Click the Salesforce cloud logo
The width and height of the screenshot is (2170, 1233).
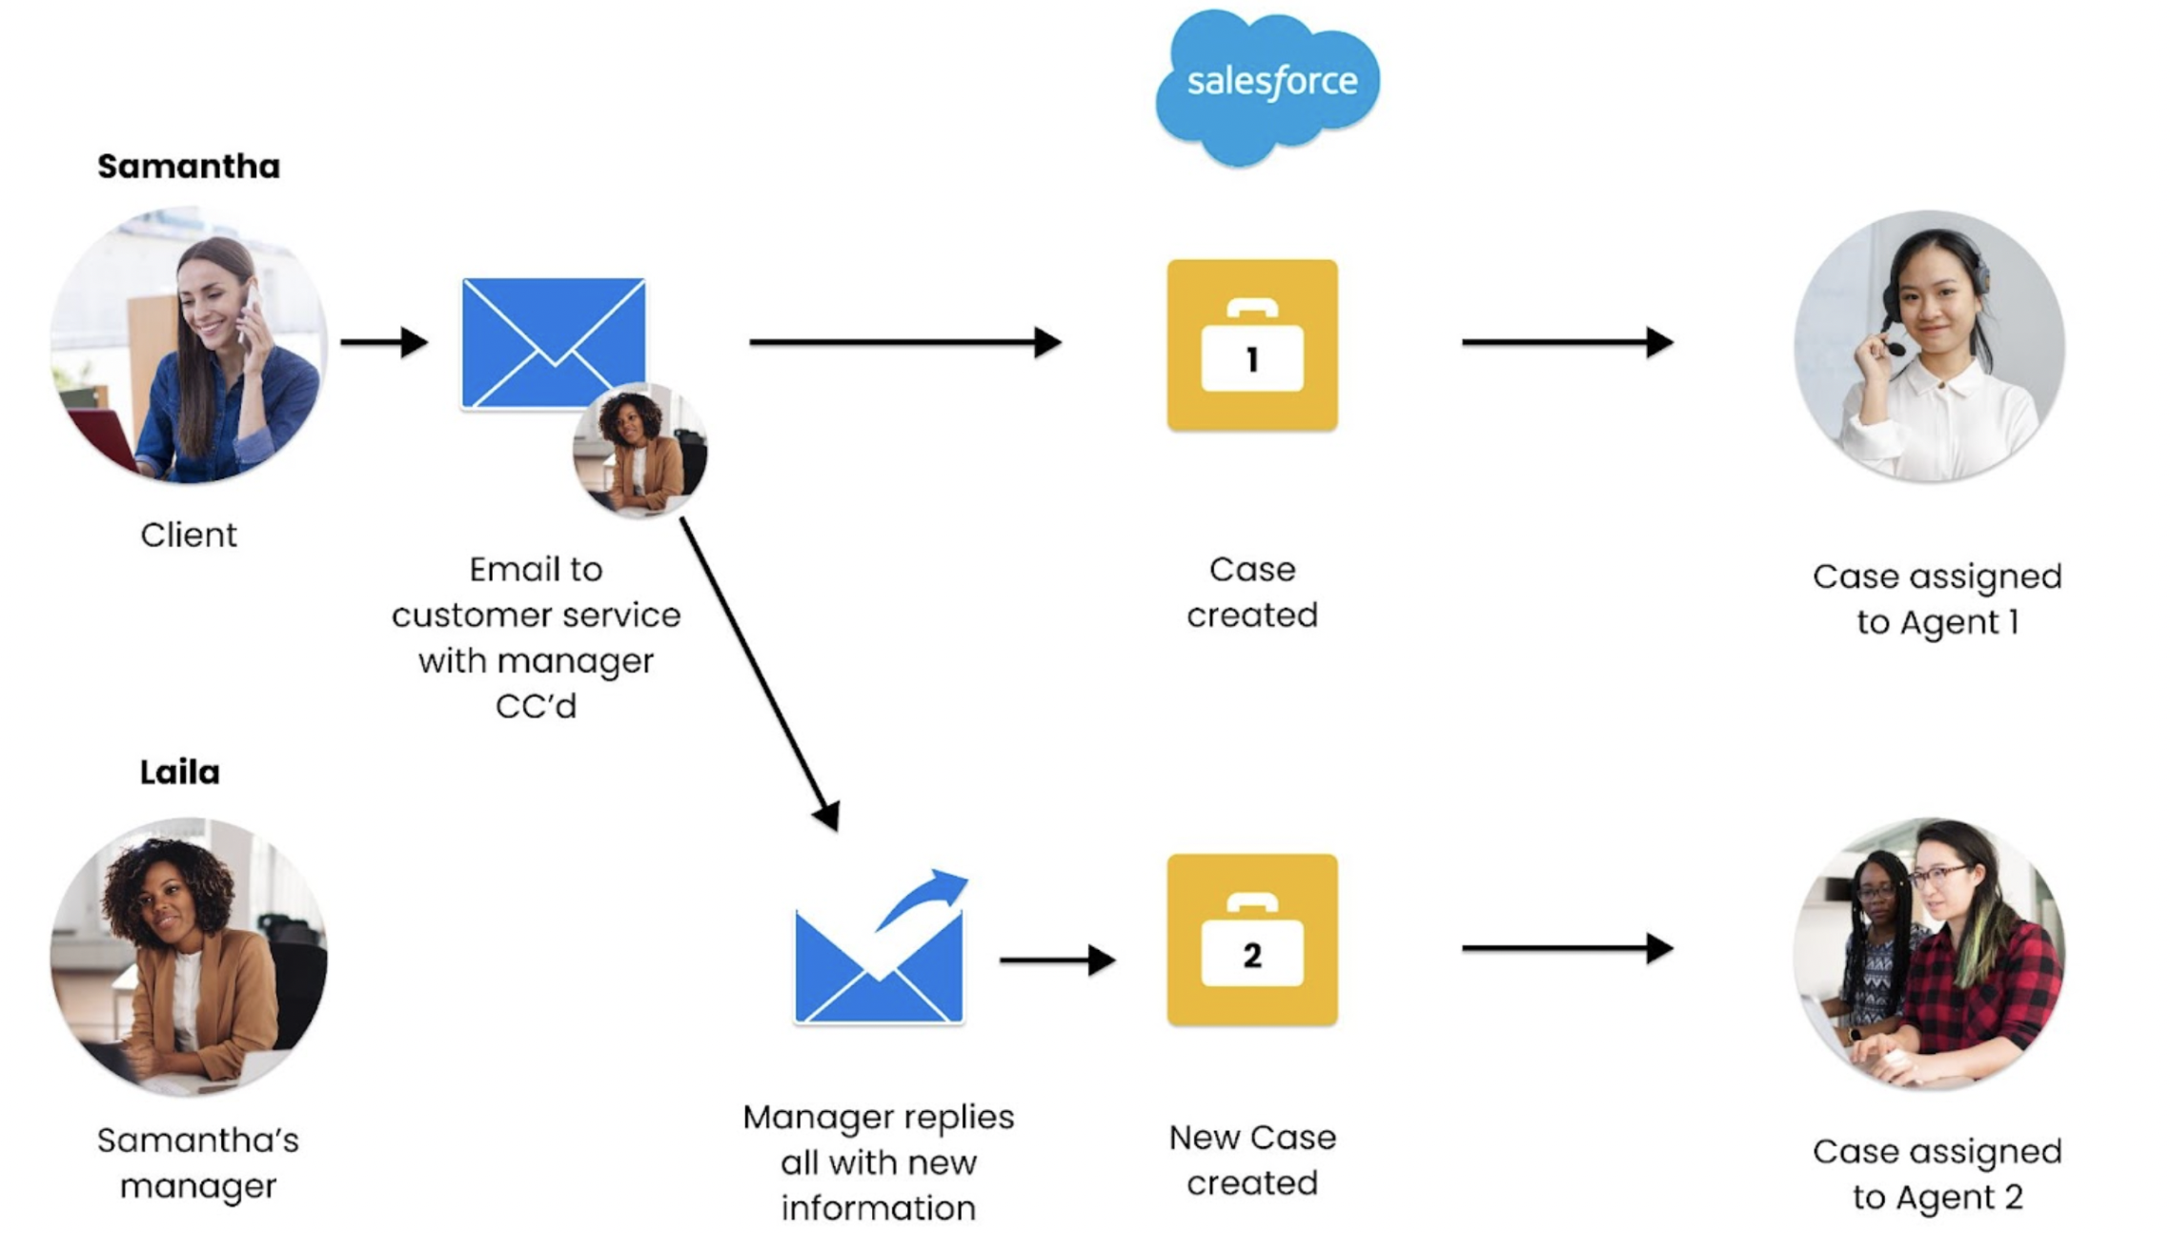coord(1268,87)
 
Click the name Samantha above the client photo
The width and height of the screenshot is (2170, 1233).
coord(189,167)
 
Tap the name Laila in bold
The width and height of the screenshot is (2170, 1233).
coord(180,772)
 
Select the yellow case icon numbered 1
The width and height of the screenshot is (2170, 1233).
coord(1252,345)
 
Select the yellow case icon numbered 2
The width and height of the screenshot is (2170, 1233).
coord(1252,940)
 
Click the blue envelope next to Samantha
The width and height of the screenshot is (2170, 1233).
coord(554,343)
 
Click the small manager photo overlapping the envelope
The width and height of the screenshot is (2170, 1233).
coord(639,450)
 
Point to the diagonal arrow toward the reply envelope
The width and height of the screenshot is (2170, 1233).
coord(760,674)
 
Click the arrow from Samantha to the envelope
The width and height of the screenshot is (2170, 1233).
coord(384,342)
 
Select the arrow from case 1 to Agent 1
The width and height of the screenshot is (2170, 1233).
coord(1568,342)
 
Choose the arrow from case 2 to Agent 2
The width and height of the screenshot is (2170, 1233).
coord(1568,948)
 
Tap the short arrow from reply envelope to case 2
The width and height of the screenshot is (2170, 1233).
coord(1057,960)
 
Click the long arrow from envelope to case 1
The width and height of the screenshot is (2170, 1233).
coord(905,342)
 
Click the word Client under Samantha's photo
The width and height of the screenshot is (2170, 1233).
coord(189,536)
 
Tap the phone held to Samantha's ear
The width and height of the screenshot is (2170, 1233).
coord(249,311)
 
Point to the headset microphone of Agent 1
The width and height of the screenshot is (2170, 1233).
coord(1896,349)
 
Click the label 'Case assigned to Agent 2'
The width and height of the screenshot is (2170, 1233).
coord(1937,1174)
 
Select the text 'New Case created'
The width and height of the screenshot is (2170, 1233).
coord(1252,1160)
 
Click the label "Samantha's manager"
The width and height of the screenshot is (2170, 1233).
coord(198,1163)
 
